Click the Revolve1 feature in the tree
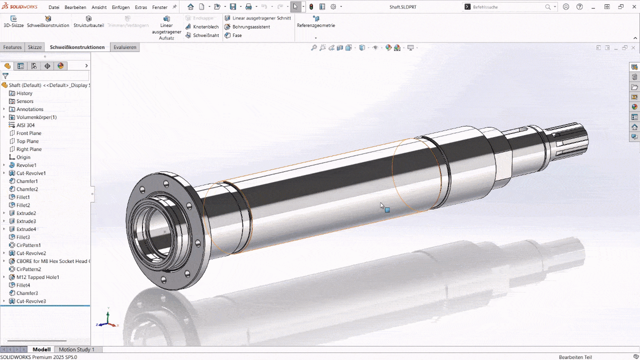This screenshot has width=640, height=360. pos(26,165)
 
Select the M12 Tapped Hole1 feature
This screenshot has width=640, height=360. pos(37,277)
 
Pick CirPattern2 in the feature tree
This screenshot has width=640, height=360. pos(28,269)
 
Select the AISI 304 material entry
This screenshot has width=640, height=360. pos(25,125)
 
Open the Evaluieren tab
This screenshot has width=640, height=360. pos(124,47)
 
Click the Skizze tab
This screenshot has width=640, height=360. pos(34,47)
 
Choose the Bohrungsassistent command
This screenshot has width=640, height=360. pos(251,26)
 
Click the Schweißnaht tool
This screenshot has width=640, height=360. pos(205,35)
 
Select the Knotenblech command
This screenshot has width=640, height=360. pos(205,26)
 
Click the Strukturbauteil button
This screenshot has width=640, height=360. pos(88,21)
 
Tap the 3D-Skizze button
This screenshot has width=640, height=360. pos(13,21)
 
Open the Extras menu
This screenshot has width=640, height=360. pos(141,7)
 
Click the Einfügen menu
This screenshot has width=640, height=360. pos(120,7)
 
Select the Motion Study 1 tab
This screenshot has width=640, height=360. pos(76,349)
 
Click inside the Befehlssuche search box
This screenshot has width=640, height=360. pos(507,7)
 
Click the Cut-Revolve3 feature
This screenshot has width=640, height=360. pos(31,301)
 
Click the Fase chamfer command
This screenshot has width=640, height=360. pos(236,35)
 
